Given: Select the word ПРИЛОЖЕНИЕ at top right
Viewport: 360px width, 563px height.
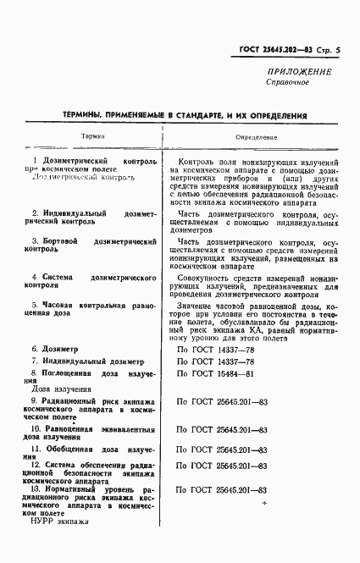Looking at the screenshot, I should [x=299, y=73].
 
